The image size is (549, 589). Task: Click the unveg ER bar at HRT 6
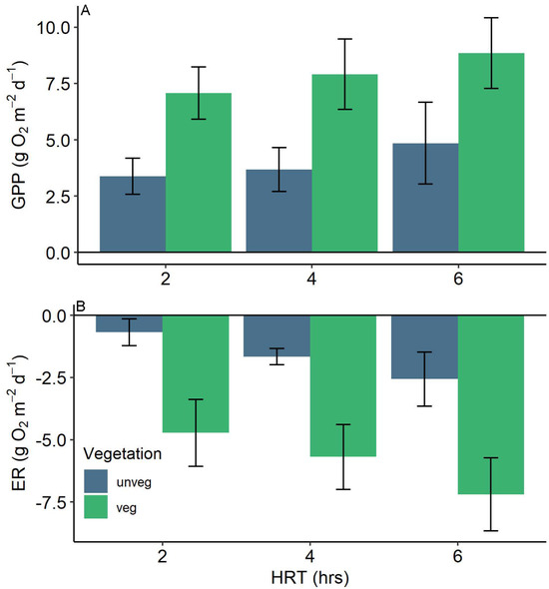coord(425,347)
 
